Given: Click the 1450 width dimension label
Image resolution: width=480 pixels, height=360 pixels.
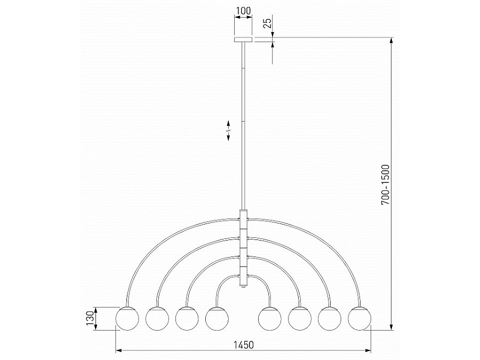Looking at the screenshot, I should click(x=243, y=344).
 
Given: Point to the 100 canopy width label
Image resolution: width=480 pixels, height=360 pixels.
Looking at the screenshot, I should click(x=244, y=10).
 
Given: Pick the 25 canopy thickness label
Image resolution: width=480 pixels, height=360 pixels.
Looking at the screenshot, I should click(x=268, y=23).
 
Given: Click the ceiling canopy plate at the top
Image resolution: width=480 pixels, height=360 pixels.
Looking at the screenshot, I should click(x=244, y=39).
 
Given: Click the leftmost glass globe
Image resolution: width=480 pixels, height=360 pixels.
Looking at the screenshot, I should click(x=127, y=318).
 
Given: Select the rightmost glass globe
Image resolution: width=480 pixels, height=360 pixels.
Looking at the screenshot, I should click(x=359, y=318).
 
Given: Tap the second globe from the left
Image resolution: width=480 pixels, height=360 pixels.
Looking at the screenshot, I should click(x=157, y=318).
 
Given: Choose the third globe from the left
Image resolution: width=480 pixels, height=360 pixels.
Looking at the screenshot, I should click(x=187, y=318).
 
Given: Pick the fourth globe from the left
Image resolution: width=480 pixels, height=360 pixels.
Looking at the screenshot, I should click(x=217, y=318).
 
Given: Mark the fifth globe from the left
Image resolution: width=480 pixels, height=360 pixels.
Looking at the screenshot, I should click(x=269, y=318).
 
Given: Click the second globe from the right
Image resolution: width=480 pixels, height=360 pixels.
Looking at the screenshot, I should click(x=330, y=318).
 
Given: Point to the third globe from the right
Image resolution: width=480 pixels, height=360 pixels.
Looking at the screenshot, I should click(x=300, y=318).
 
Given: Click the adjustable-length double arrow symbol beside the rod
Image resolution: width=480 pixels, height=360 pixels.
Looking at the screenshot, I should click(x=229, y=130).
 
